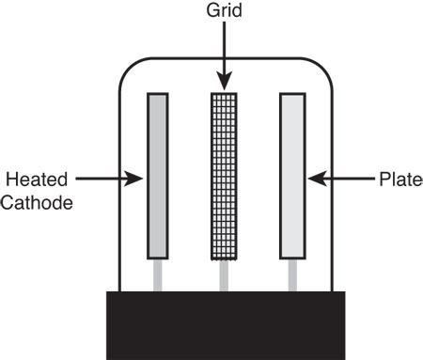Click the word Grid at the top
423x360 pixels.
click(x=223, y=11)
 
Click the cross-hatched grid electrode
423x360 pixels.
click(x=224, y=175)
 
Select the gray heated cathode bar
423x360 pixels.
click(x=158, y=175)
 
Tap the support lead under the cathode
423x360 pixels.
click(x=158, y=274)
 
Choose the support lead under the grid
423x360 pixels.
click(x=224, y=274)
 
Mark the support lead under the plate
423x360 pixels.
click(x=292, y=274)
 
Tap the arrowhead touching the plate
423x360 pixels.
click(x=313, y=177)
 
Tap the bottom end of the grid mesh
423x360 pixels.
click(x=224, y=255)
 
